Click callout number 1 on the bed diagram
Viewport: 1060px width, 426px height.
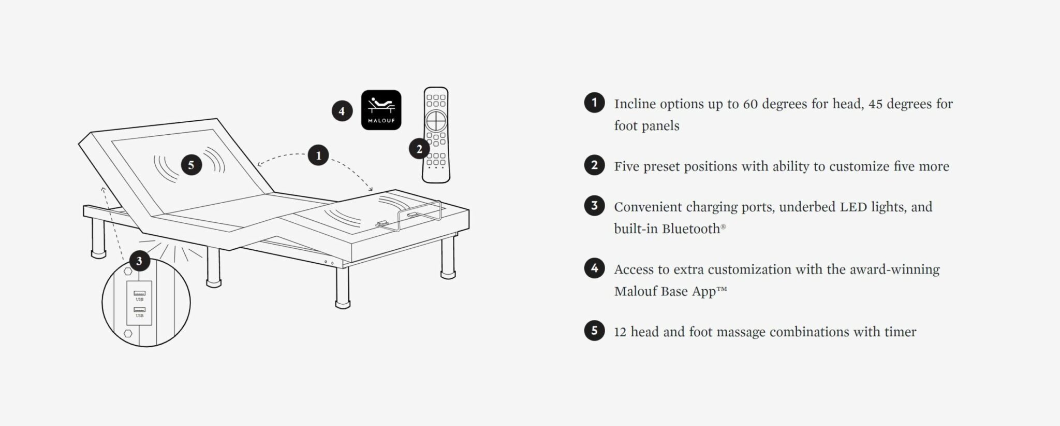[x=318, y=155]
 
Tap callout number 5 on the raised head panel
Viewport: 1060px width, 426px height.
[x=192, y=165]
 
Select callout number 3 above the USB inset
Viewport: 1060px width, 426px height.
[x=139, y=261]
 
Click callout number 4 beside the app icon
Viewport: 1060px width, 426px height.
[x=342, y=111]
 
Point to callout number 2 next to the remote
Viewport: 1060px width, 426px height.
[x=419, y=149]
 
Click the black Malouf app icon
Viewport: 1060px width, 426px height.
[x=381, y=110]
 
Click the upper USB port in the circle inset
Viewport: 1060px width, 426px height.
[x=140, y=293]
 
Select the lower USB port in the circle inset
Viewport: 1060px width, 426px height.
[x=140, y=309]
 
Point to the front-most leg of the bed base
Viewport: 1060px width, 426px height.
[x=342, y=288]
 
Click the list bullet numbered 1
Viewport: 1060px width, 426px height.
[x=594, y=103]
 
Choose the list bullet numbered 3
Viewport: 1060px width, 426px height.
[x=594, y=206]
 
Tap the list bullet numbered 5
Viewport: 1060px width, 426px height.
[x=594, y=330]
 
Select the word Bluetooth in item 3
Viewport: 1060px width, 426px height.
[x=691, y=229]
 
